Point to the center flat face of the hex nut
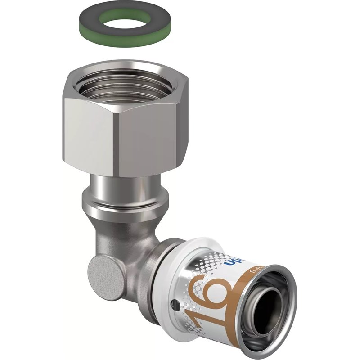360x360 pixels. click(x=139, y=139)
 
